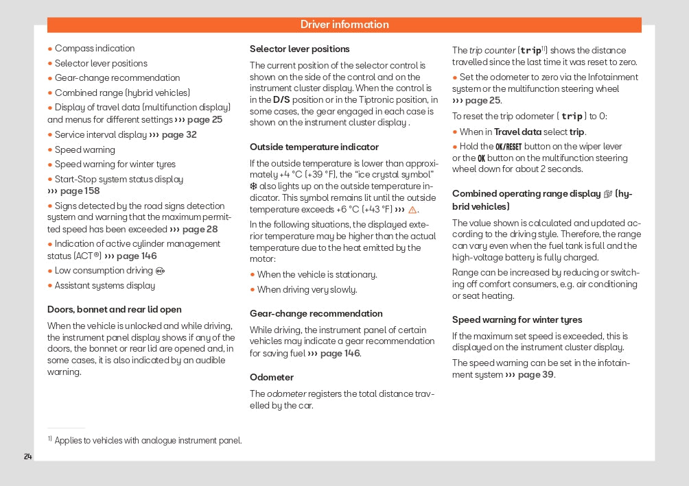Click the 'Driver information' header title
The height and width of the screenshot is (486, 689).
point(344,25)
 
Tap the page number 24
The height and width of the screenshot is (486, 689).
point(28,457)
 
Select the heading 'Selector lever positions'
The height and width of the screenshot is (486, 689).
point(299,49)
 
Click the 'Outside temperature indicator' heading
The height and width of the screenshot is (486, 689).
point(314,147)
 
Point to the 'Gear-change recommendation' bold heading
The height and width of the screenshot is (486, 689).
point(316,314)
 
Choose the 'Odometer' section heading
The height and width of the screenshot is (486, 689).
point(271,378)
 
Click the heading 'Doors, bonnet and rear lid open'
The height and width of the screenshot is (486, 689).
point(114,310)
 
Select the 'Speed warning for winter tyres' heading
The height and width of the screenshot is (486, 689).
point(517,320)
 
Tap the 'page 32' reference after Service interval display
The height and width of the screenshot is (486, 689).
point(178,135)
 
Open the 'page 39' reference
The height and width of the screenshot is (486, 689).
point(536,375)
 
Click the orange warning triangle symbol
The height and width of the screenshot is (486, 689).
point(412,210)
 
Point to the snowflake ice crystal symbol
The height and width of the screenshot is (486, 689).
point(253,186)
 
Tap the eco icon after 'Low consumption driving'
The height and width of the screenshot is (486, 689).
point(161,271)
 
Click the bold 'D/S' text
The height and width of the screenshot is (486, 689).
point(281,101)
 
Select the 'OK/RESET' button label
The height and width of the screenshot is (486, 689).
point(509,147)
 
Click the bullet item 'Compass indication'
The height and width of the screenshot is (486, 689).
point(95,49)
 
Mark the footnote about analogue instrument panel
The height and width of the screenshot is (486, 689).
point(148,441)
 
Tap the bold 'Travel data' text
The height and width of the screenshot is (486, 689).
point(517,132)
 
